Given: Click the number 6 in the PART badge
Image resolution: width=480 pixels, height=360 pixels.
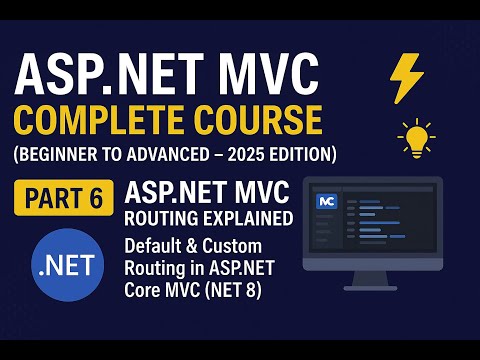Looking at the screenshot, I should pos(96,198).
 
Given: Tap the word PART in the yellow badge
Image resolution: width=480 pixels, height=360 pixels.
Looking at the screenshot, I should pos(51,198).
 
